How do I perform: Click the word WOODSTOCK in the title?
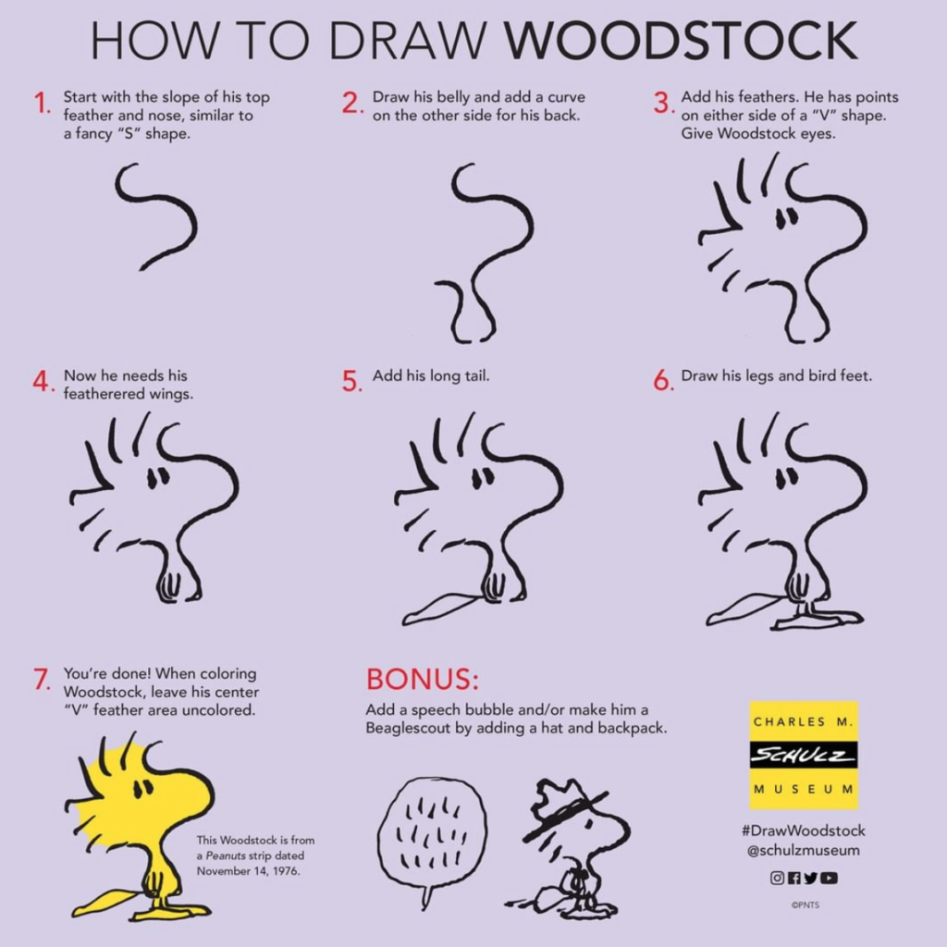pyautogui.click(x=681, y=41)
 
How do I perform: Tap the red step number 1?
pyautogui.click(x=42, y=104)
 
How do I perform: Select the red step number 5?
pyautogui.click(x=351, y=381)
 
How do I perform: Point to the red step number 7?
pyautogui.click(x=43, y=679)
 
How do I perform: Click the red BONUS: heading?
pyautogui.click(x=422, y=679)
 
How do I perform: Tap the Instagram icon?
pyautogui.click(x=777, y=878)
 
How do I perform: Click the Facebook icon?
pyautogui.click(x=793, y=878)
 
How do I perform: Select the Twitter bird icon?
pyautogui.click(x=810, y=878)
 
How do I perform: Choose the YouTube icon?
pyautogui.click(x=830, y=878)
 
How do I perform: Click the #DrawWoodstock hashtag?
pyautogui.click(x=804, y=831)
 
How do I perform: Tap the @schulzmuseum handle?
pyautogui.click(x=804, y=851)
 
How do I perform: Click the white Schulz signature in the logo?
pyautogui.click(x=804, y=755)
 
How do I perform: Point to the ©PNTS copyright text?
pyautogui.click(x=806, y=904)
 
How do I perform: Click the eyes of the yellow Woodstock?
pyautogui.click(x=143, y=788)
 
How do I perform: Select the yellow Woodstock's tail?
pyautogui.click(x=110, y=902)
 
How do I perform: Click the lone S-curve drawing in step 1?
pyautogui.click(x=155, y=215)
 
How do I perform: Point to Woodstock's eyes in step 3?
pyautogui.click(x=786, y=217)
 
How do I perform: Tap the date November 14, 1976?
pyautogui.click(x=248, y=871)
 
